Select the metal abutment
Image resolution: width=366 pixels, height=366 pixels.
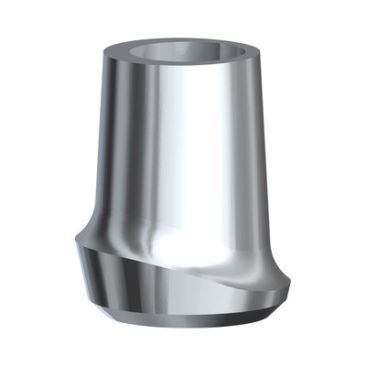coord(183,183)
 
